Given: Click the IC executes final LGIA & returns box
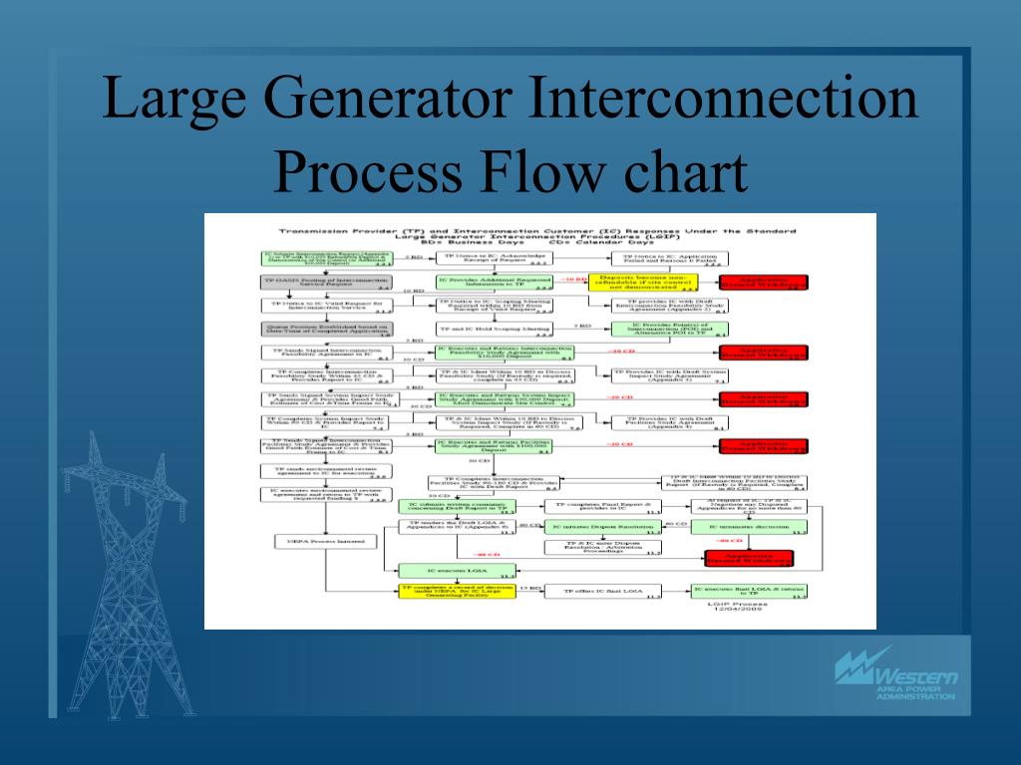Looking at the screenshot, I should pyautogui.click(x=750, y=591).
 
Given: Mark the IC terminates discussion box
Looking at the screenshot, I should pyautogui.click(x=750, y=526).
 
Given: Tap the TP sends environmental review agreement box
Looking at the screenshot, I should pyautogui.click(x=323, y=471).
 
